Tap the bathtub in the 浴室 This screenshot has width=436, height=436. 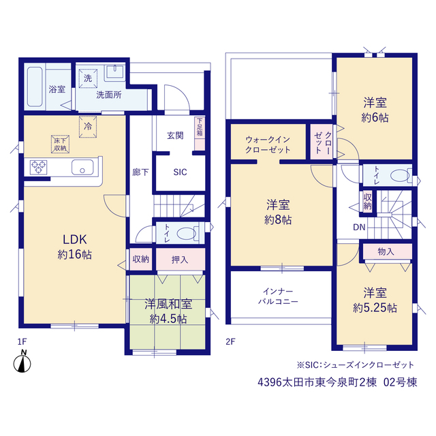(35, 87)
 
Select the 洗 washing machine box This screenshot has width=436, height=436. (88, 78)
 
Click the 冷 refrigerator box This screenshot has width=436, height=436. (88, 127)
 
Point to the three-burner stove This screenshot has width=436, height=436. (38, 168)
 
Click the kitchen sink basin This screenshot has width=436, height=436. (82, 167)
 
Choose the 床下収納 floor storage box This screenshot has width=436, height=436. (60, 144)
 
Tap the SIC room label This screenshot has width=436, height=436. (180, 172)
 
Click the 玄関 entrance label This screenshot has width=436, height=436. (175, 136)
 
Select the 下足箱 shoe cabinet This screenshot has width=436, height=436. (200, 134)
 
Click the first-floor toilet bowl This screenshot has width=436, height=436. (186, 234)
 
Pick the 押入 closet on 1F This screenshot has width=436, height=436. (181, 259)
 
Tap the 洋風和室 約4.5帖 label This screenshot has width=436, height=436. (168, 311)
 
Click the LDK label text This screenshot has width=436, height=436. (74, 239)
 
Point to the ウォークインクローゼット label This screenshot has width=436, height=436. (268, 144)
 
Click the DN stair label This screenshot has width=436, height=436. (359, 228)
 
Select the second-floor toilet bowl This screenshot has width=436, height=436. (401, 176)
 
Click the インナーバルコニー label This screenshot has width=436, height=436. (278, 296)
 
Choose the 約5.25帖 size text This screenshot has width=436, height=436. (375, 308)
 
